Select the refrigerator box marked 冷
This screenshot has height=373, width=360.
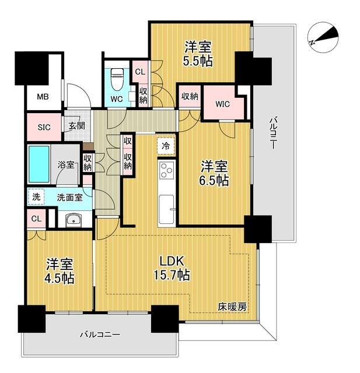click(166, 146)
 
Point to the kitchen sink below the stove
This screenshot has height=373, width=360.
click(166, 206)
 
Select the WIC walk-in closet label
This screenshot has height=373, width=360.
click(222, 104)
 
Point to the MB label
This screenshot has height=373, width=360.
click(43, 97)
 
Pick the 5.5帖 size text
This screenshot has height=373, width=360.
click(198, 60)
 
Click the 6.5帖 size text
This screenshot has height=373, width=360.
click(215, 181)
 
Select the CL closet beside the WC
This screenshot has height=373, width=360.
click(140, 72)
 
